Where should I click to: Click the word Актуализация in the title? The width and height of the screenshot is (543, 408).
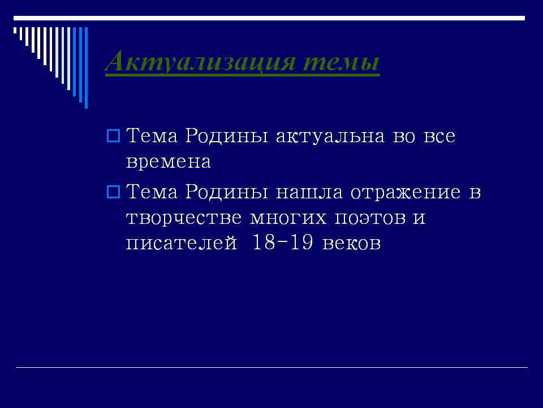[x=200, y=62]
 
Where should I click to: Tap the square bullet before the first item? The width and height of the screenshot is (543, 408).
[x=113, y=136]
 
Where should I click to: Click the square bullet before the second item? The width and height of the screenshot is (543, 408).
[x=113, y=192]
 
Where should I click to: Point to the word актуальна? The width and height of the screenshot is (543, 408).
[x=330, y=136]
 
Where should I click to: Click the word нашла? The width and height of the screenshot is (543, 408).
[x=309, y=193]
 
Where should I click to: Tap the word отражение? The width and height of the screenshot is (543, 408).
[x=406, y=193]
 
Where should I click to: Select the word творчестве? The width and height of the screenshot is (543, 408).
[x=183, y=218]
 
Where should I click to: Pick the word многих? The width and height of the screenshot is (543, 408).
[x=288, y=218]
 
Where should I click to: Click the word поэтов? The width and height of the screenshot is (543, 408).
[x=370, y=218]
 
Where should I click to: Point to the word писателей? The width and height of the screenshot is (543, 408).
[x=182, y=243]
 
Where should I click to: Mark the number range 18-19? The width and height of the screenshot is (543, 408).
[x=283, y=242]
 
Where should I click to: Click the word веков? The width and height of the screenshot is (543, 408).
[x=351, y=243]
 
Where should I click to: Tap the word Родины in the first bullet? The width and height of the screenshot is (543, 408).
[x=226, y=136]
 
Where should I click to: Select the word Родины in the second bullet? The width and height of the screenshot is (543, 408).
[x=226, y=192]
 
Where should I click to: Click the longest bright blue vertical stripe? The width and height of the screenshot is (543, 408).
[x=86, y=67]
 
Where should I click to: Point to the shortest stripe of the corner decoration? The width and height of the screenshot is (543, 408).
[x=15, y=30]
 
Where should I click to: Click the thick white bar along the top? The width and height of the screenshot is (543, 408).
[x=269, y=18]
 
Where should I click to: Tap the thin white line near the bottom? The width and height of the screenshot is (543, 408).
[x=271, y=367]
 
